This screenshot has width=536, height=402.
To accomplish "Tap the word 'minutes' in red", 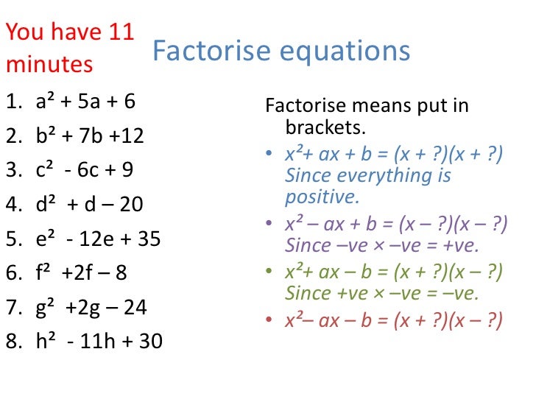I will [x=49, y=65].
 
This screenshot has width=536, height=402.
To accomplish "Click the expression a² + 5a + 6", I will [x=85, y=102].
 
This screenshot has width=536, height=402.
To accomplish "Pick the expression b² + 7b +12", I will [x=90, y=136].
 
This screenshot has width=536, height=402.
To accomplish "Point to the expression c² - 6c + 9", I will [x=84, y=170].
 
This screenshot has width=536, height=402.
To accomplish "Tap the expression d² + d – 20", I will [x=89, y=205].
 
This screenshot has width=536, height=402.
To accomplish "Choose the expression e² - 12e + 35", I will [x=98, y=239].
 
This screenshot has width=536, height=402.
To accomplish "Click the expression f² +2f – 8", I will [x=81, y=273].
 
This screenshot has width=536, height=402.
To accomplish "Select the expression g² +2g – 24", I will [x=91, y=308].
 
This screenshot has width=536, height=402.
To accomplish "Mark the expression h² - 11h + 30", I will [x=99, y=342].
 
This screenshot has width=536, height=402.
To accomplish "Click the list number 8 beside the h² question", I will [x=13, y=342].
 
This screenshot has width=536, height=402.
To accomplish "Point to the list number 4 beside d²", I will [x=13, y=205].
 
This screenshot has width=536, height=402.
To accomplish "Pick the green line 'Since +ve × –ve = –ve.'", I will [x=381, y=293].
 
